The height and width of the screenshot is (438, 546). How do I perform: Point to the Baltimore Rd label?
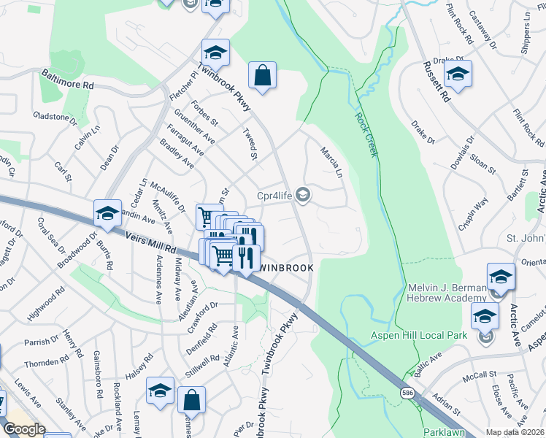coord(68,80)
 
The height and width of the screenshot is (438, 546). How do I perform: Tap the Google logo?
coord(23,429)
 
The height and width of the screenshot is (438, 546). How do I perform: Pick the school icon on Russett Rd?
coord(458,74)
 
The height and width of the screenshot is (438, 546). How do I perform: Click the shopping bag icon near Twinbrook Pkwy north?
coord(262,74)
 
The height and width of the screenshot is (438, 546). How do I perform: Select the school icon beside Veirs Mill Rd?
coord(107,213)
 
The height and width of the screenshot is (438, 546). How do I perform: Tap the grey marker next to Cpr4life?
coord(304,195)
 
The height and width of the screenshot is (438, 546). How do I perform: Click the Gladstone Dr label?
coord(55,117)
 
